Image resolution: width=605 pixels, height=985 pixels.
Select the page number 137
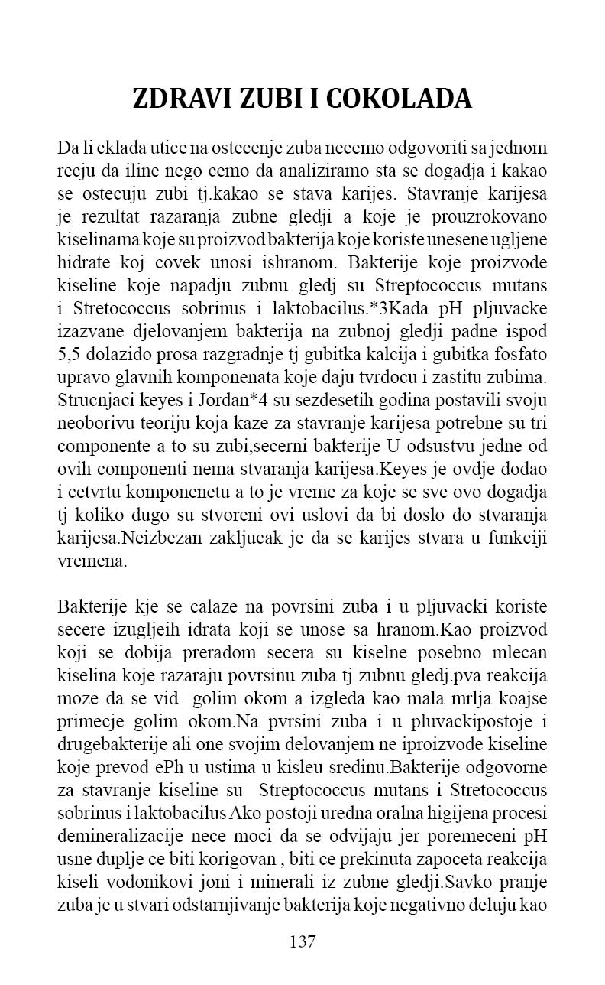coord(302,941)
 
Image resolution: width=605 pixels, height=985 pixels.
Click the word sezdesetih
coord(324,400)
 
